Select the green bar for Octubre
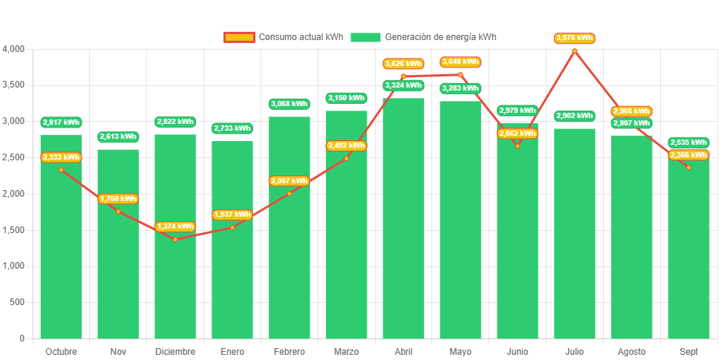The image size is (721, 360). (61, 245)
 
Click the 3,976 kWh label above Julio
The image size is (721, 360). (574, 38)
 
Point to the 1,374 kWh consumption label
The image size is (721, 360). (175, 226)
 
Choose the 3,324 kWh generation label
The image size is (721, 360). (403, 85)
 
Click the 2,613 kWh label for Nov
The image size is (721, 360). (118, 137)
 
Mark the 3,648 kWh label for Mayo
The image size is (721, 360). (460, 62)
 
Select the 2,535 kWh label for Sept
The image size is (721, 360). (688, 143)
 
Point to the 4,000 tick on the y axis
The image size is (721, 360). (13, 49)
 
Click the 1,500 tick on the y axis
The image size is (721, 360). (13, 230)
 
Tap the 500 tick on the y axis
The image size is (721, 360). (16, 302)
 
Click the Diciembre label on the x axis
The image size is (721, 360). (175, 351)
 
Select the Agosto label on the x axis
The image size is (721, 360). (631, 351)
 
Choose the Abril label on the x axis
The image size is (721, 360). (403, 351)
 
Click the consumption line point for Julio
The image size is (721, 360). (574, 50)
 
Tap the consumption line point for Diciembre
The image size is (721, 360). (175, 239)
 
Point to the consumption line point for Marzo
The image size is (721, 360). (346, 158)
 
